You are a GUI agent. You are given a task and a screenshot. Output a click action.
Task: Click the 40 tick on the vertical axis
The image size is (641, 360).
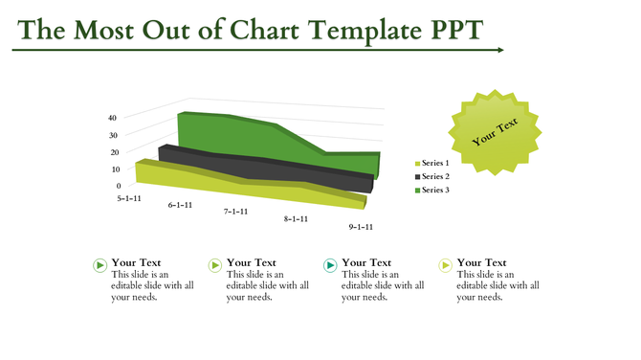pos(112,118)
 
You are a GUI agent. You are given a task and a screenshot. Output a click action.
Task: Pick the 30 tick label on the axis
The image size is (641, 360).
pos(112,135)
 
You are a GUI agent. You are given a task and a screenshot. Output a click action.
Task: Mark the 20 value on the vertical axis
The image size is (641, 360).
pos(112,152)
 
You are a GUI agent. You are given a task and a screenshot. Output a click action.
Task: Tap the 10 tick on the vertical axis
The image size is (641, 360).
pos(112,169)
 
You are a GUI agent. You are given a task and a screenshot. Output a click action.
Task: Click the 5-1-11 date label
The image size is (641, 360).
pos(129,198)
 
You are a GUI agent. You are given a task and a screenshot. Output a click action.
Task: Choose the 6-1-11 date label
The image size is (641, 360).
pos(180,205)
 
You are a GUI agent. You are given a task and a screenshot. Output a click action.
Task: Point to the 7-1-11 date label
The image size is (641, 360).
pos(236,212)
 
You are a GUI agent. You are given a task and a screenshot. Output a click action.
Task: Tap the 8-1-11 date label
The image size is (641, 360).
pos(296,219)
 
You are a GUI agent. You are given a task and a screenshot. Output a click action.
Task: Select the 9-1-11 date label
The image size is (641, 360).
pos(361,227)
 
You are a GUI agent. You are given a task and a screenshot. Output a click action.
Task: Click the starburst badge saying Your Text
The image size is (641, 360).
pos(495,132)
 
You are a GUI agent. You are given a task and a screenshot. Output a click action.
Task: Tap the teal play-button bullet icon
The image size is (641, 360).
pos(330,265)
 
